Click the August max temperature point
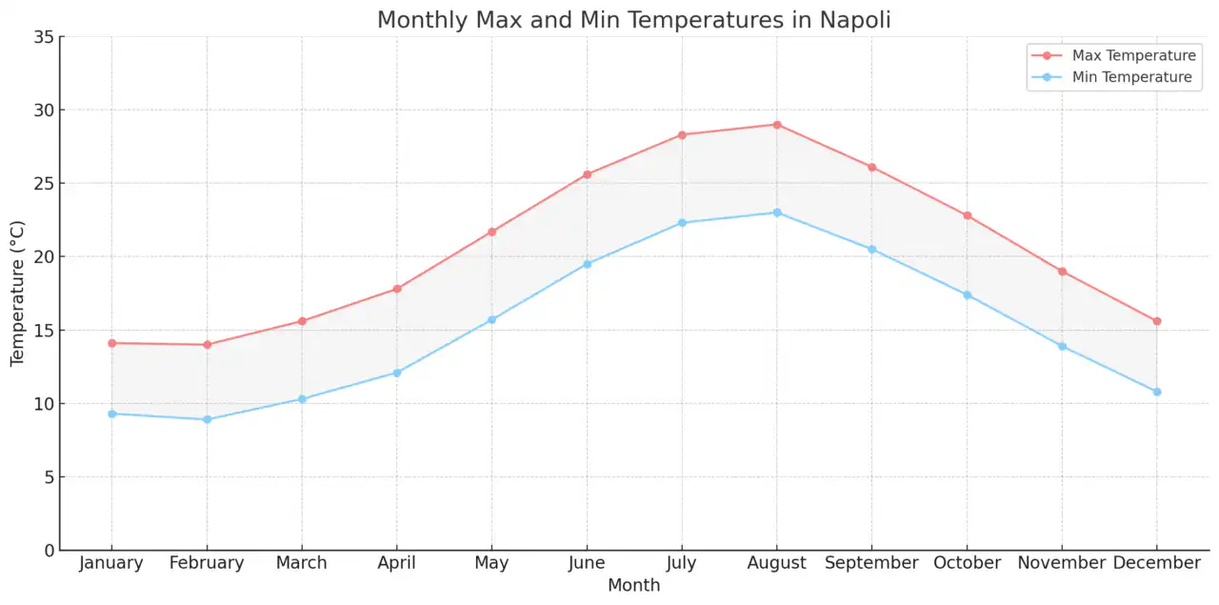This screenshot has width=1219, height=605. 777,125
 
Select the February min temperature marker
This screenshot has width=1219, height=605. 207,419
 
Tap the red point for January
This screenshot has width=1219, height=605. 111,343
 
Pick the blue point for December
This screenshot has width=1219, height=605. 1157,392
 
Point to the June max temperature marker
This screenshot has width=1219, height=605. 587,174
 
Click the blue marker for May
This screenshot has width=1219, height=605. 491,320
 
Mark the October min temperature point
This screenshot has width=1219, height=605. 967,295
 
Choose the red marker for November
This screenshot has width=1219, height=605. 1062,272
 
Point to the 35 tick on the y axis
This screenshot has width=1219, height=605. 43,37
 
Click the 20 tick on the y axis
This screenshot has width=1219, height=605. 43,257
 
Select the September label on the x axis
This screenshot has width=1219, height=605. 871,563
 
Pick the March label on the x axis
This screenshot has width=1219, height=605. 301,563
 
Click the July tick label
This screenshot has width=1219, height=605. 682,563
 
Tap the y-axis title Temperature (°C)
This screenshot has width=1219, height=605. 18,293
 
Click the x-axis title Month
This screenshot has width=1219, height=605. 633,586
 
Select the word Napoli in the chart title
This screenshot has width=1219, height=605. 854,20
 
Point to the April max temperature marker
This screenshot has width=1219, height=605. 397,289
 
